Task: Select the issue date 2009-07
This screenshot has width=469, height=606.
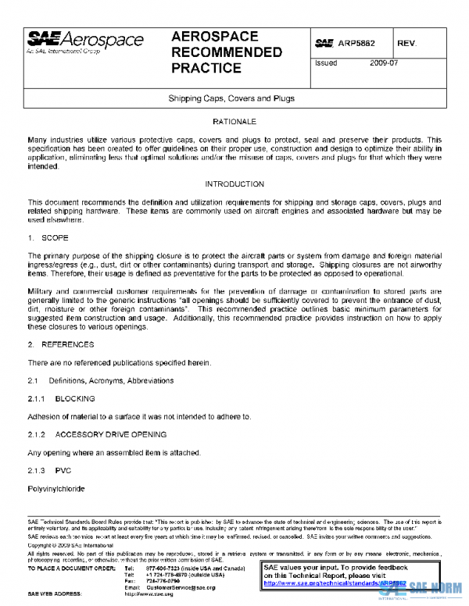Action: coord(384,63)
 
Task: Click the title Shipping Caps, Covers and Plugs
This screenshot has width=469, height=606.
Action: coord(231,99)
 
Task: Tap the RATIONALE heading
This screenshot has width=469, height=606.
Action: coord(234,122)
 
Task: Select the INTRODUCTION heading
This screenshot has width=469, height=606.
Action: coord(234,184)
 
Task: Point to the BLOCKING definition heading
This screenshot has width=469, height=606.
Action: coord(75,398)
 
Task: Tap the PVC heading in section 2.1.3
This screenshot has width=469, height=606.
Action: coord(63,471)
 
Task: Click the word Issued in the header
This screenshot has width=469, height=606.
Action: coord(326,63)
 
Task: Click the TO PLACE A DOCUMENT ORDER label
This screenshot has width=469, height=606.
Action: coord(69,568)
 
